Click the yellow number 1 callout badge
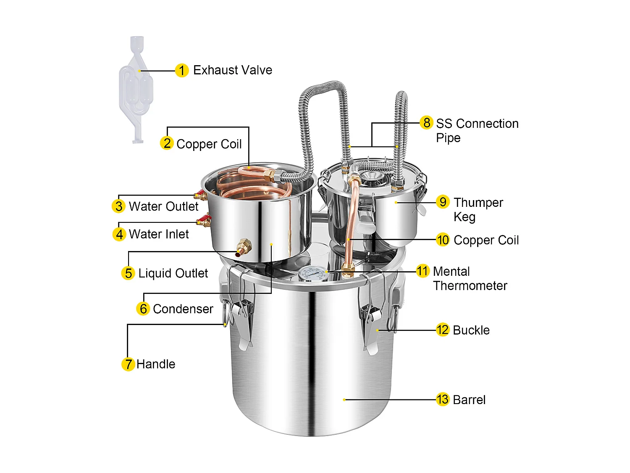point(181,70)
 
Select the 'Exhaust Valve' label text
point(232,70)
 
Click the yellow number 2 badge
point(167,143)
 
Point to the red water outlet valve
point(200,194)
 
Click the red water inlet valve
point(204,220)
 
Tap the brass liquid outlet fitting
point(243,247)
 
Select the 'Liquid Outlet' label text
point(173,273)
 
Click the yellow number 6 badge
point(143,309)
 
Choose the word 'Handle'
point(156,364)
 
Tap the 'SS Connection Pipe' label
point(477,130)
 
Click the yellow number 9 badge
point(443,202)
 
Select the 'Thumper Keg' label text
point(478,209)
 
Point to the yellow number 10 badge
point(443,240)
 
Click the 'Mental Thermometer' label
point(470,278)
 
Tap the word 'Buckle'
point(471,330)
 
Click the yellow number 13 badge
point(443,399)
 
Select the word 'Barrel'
point(469,399)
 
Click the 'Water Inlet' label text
point(159,234)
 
